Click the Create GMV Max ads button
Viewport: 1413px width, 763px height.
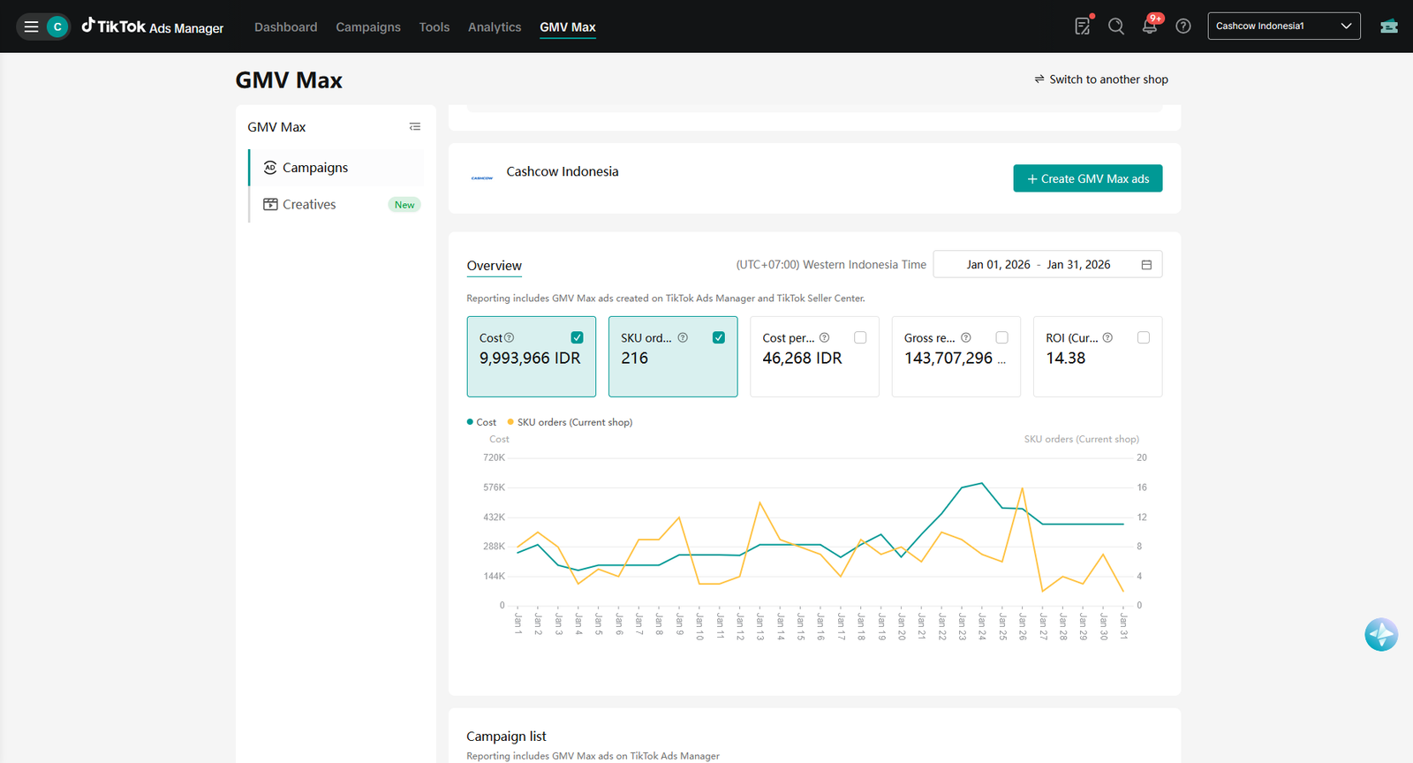tap(1087, 178)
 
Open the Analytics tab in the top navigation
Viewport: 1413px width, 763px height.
tap(495, 27)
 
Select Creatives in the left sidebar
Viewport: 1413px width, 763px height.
tap(309, 204)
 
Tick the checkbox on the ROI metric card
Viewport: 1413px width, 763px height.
tap(1143, 337)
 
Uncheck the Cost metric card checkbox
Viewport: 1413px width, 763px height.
tap(577, 337)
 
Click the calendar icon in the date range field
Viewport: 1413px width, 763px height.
tap(1146, 265)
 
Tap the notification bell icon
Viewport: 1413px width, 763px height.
tap(1149, 26)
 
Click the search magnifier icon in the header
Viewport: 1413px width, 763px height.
tap(1116, 26)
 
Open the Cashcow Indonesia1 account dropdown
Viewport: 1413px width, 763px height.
tap(1284, 26)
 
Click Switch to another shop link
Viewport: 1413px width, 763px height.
tap(1101, 79)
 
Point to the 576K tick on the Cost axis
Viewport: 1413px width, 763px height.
tap(494, 487)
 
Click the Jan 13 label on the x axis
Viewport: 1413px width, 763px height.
tap(760, 627)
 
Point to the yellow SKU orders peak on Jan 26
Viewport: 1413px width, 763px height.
tap(1022, 487)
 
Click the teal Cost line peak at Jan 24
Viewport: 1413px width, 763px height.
tap(981, 483)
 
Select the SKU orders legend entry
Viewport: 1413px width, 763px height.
tap(570, 422)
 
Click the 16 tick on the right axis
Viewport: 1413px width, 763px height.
tap(1142, 487)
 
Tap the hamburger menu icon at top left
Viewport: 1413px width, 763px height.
tap(31, 26)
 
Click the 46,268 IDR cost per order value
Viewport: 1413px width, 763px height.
tap(802, 359)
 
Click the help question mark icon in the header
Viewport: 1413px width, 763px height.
tap(1183, 26)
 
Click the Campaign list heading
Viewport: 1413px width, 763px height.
tap(506, 736)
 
